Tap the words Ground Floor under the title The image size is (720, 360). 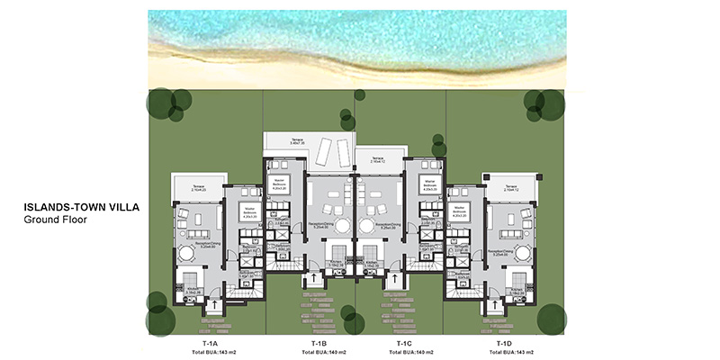tap(55, 218)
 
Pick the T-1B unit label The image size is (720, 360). tap(318, 344)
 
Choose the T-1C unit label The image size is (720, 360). tap(403, 344)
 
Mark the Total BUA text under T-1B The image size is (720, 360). tap(318, 352)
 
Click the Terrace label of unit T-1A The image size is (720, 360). tap(198, 187)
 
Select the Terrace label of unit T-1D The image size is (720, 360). tap(516, 187)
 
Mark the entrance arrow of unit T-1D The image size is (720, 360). tap(494, 305)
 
